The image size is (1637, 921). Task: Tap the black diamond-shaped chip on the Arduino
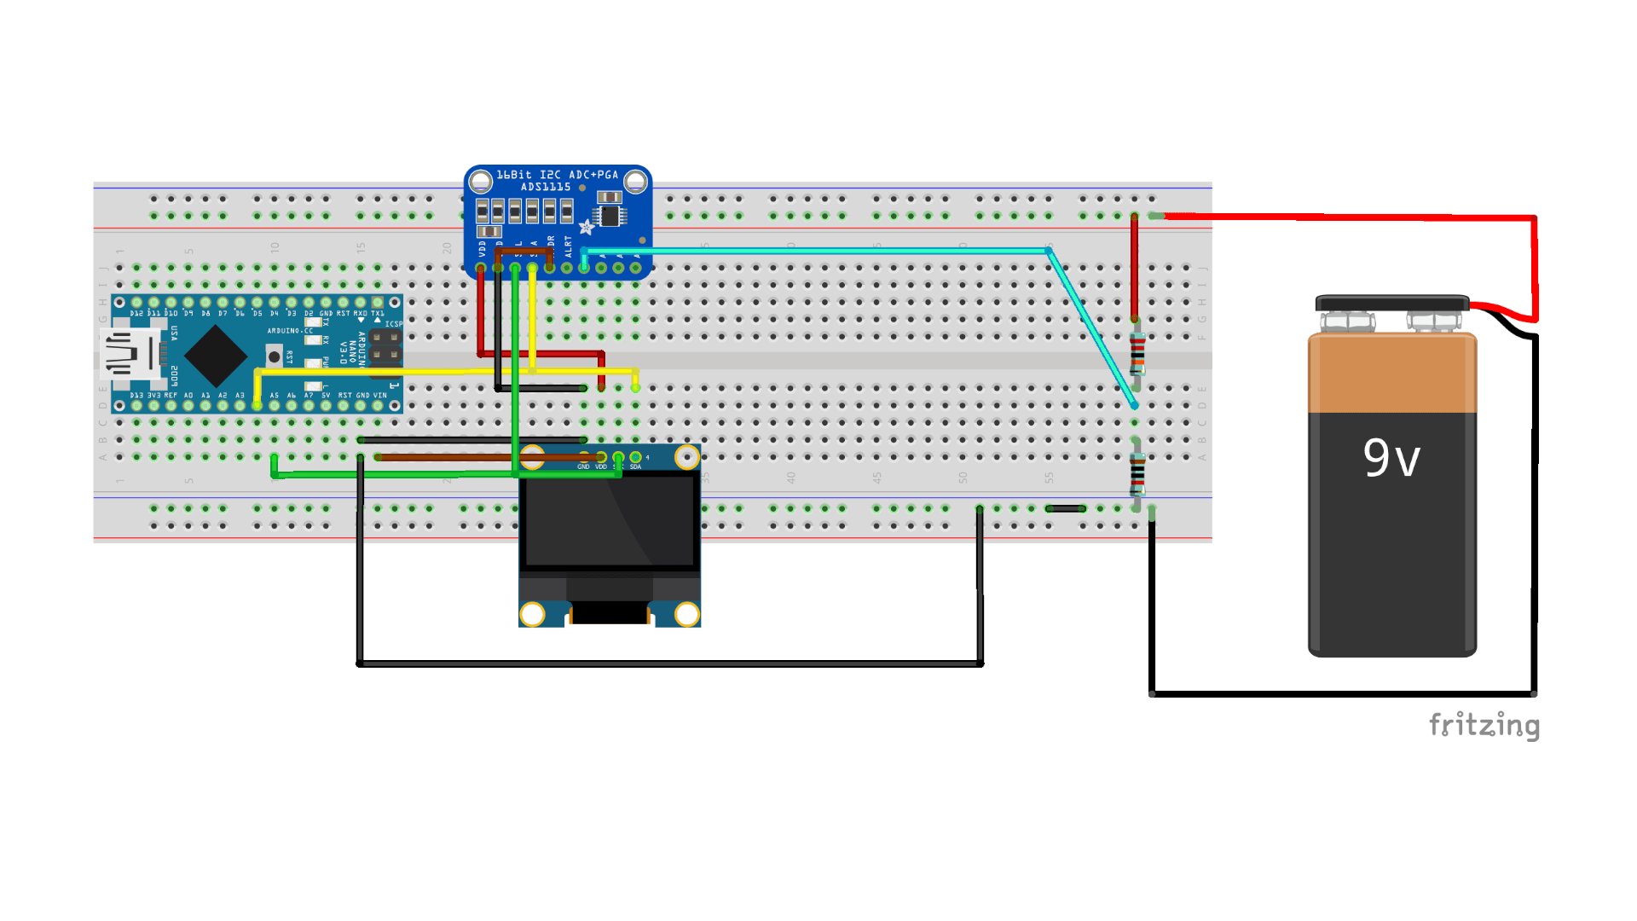pos(216,356)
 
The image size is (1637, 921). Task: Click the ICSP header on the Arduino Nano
pos(385,345)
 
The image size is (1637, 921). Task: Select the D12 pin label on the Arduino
pos(136,314)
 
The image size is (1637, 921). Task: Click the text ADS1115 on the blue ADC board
pos(546,187)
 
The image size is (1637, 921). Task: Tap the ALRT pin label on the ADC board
pos(568,246)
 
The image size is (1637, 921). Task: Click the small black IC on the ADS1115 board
pos(610,215)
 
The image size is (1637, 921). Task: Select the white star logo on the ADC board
pos(586,227)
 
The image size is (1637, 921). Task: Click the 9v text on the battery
pos(1391,458)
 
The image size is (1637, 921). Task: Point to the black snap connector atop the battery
pos(1391,304)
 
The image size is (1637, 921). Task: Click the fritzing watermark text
pos(1484,725)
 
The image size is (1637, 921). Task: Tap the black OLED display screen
pos(610,520)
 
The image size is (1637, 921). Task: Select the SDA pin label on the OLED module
pos(635,467)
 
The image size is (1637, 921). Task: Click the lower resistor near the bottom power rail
pos(1137,474)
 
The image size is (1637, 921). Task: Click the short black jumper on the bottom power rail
pos(1065,508)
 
